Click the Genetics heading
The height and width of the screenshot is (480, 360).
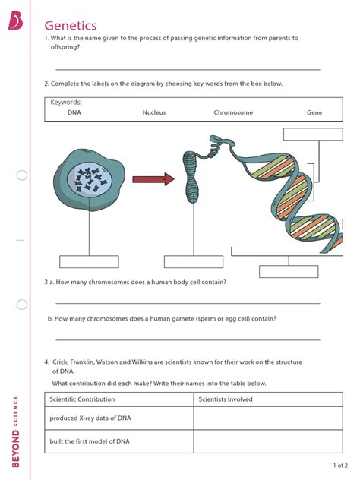coord(71,25)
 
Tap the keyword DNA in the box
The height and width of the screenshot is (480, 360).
coord(74,112)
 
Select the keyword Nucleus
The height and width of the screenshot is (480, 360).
coord(154,112)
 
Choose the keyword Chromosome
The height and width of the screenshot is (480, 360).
coord(233,112)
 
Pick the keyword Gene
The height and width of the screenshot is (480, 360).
coord(314,112)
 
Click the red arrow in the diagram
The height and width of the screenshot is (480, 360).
coord(153,179)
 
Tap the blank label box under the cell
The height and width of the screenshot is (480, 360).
coord(89,262)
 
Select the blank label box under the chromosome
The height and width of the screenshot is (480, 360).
coord(194,262)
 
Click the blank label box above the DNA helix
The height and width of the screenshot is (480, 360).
coord(313,134)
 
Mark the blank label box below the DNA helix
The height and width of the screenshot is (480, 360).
coord(289,272)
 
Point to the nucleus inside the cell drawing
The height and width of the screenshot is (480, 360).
coord(90,180)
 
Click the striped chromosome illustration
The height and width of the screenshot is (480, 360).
coord(191,178)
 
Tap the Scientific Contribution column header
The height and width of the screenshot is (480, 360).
coord(82,399)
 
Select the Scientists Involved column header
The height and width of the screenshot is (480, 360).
coord(226,399)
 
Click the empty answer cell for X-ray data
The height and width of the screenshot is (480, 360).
coord(268,418)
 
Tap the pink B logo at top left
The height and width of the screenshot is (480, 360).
coord(15,21)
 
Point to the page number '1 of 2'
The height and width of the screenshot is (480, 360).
coord(340,466)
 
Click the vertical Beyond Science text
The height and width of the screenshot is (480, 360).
coord(15,431)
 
